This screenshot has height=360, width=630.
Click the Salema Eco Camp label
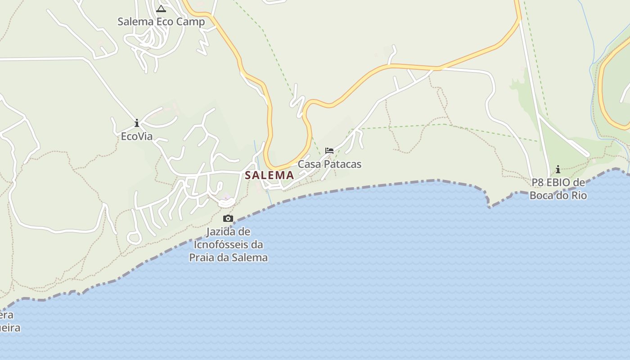click(x=161, y=22)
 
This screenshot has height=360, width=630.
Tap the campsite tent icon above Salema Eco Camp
click(x=161, y=9)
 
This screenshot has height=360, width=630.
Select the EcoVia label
click(x=137, y=136)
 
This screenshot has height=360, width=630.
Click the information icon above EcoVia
click(x=137, y=123)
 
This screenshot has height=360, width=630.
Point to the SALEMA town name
click(x=270, y=175)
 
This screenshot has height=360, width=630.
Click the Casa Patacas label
click(x=329, y=164)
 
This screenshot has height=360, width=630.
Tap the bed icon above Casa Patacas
click(x=329, y=151)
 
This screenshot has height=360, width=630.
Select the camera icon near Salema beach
click(x=228, y=219)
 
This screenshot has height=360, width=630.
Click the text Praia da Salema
click(x=228, y=258)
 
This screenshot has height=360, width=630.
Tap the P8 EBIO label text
click(x=558, y=183)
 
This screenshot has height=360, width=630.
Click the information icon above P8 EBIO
click(x=558, y=170)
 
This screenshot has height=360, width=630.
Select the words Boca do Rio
click(x=558, y=195)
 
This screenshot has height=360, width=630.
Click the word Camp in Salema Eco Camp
click(x=191, y=22)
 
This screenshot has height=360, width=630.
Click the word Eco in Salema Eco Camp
click(x=166, y=22)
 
